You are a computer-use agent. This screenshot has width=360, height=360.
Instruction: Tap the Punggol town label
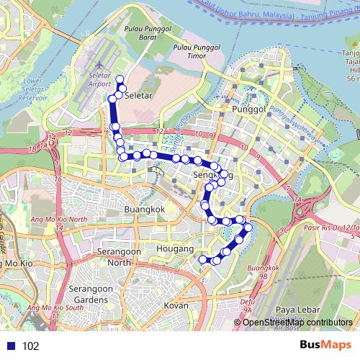point(249,109)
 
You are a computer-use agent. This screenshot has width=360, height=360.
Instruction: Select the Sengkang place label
point(210,176)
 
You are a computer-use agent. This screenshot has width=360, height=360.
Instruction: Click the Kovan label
point(176,305)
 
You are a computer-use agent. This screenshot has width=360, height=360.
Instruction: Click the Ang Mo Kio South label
point(54,307)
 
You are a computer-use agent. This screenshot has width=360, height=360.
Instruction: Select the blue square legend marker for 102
point(10,346)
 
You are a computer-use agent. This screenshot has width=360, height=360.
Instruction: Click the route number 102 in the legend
point(30,346)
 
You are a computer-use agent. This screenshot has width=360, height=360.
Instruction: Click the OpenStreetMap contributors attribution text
point(297,323)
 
